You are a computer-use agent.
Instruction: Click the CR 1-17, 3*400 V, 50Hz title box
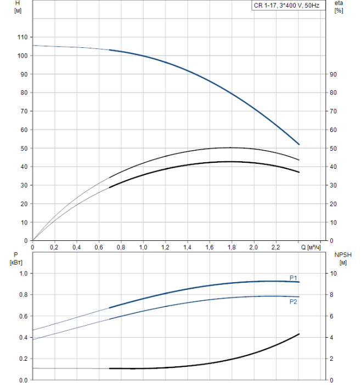click(x=294, y=5)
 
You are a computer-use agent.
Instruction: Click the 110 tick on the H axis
click(x=22, y=37)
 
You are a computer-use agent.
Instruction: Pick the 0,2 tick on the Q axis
click(x=54, y=248)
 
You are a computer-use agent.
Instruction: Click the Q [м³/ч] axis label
click(x=314, y=248)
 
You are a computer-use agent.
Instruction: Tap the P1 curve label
click(x=294, y=277)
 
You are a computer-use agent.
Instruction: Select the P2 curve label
click(x=294, y=301)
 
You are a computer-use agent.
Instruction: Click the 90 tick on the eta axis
click(x=332, y=74)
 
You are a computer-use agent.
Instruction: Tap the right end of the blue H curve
click(x=299, y=145)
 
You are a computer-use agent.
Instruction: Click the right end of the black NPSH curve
click(x=299, y=334)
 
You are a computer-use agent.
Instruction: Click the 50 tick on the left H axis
click(x=24, y=148)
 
